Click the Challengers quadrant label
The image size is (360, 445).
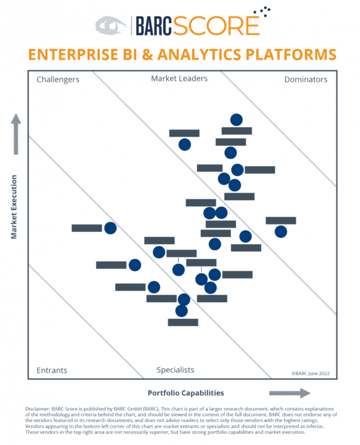pos(58,79)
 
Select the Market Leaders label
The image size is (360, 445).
pos(179,78)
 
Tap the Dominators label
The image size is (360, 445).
pos(306,79)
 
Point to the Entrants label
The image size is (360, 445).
pos(51,370)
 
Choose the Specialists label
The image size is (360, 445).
pos(175,370)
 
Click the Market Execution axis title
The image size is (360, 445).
pos(14,207)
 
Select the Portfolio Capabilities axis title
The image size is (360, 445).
pos(186,393)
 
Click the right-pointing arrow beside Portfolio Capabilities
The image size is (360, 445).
pos(289,393)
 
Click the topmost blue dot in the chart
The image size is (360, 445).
pos(236,119)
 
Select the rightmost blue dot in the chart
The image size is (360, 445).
pos(281,231)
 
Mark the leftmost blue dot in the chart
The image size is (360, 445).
pos(110,228)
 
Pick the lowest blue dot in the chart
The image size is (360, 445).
pos(182,310)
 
